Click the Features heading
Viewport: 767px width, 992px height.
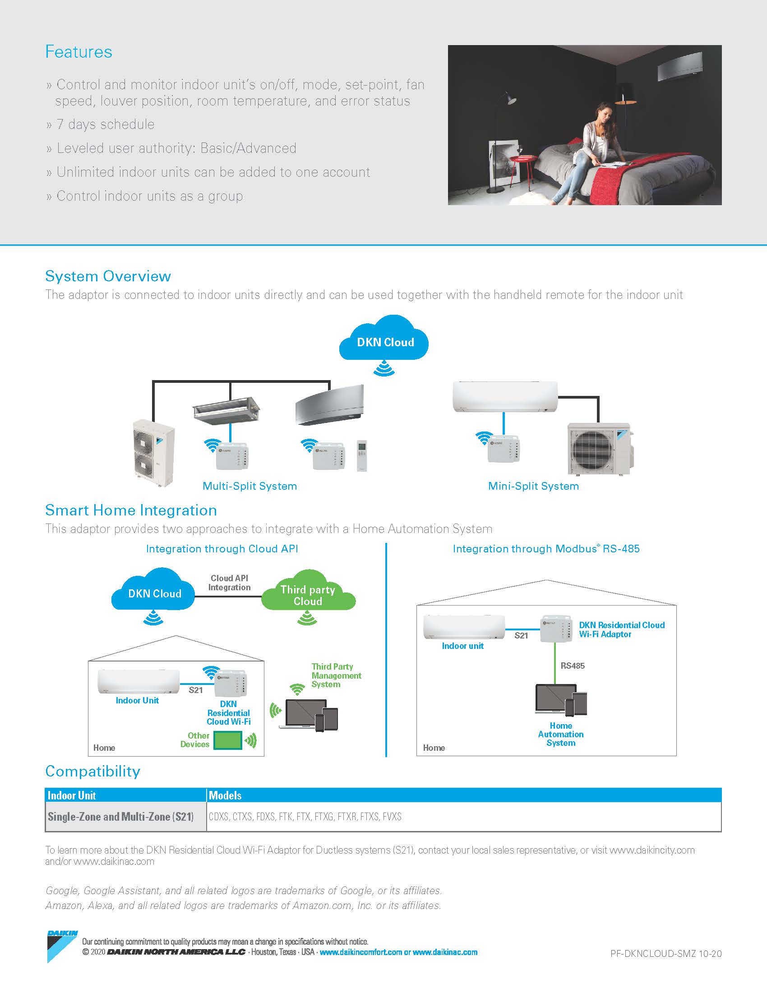pyautogui.click(x=79, y=52)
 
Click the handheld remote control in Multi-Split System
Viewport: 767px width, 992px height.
pyautogui.click(x=362, y=455)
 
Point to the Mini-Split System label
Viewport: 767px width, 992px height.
pyautogui.click(x=533, y=486)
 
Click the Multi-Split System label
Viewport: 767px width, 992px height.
pyautogui.click(x=250, y=486)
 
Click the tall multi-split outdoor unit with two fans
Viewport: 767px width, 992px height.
pyautogui.click(x=153, y=452)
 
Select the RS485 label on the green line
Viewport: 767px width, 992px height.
pyautogui.click(x=572, y=666)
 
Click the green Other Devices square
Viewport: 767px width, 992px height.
pyautogui.click(x=228, y=740)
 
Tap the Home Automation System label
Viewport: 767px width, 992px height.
pyautogui.click(x=560, y=735)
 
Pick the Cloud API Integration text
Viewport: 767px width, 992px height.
pyautogui.click(x=229, y=583)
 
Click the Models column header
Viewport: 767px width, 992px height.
pyautogui.click(x=225, y=795)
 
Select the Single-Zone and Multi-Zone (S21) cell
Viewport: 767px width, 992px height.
pyautogui.click(x=121, y=817)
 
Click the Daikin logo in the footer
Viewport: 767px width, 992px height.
pyautogui.click(x=62, y=946)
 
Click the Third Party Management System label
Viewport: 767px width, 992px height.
pyautogui.click(x=336, y=675)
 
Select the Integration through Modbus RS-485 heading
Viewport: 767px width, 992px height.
pyautogui.click(x=546, y=549)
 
